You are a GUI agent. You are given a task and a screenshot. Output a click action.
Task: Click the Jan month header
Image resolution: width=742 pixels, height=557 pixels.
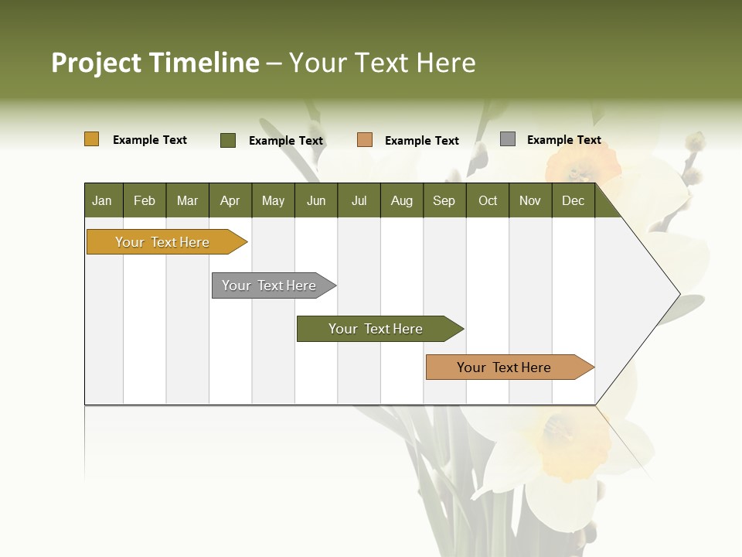(x=103, y=200)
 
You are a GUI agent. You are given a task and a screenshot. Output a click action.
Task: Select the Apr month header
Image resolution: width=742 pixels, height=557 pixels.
(x=230, y=200)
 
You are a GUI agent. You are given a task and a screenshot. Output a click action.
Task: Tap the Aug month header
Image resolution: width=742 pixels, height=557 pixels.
(x=402, y=200)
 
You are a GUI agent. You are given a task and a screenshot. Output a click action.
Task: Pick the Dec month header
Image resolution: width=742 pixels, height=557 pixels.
(x=574, y=200)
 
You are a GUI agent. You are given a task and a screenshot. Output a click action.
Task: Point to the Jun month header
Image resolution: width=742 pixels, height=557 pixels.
(x=316, y=200)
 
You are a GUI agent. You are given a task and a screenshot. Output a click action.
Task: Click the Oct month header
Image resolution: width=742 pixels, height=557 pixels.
(x=488, y=200)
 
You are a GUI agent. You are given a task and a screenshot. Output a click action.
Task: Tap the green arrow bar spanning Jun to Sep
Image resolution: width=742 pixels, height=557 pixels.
(x=376, y=329)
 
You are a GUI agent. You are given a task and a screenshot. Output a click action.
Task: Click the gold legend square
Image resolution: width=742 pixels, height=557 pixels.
(x=92, y=139)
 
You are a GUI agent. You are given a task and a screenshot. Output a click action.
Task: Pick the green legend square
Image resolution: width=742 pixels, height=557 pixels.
(x=228, y=140)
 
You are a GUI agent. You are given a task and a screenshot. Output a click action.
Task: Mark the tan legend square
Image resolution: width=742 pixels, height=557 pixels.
(x=365, y=140)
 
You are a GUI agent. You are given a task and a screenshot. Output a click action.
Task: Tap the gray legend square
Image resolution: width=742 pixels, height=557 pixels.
(x=508, y=139)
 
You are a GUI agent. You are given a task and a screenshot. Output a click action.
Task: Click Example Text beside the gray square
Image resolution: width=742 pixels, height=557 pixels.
(x=564, y=140)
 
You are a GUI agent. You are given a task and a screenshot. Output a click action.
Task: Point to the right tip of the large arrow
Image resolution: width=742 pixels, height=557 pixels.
(x=679, y=294)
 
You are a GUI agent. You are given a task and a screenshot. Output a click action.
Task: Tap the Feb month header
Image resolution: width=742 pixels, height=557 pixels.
(x=145, y=200)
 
